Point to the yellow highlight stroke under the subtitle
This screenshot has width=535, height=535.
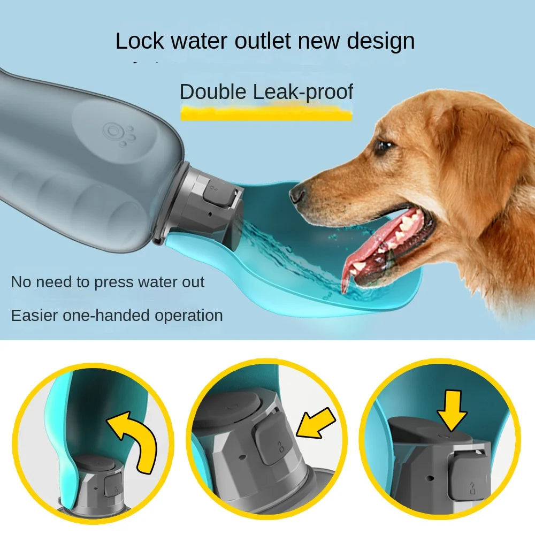tap(266, 113)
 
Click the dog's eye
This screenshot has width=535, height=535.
tap(384, 146)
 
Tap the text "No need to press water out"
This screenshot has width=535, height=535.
tap(108, 282)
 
